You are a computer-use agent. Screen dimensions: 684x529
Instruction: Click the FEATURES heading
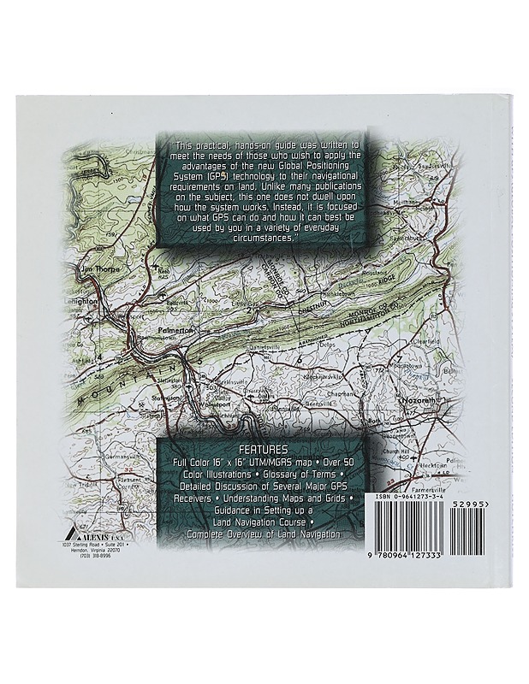point(264,448)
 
